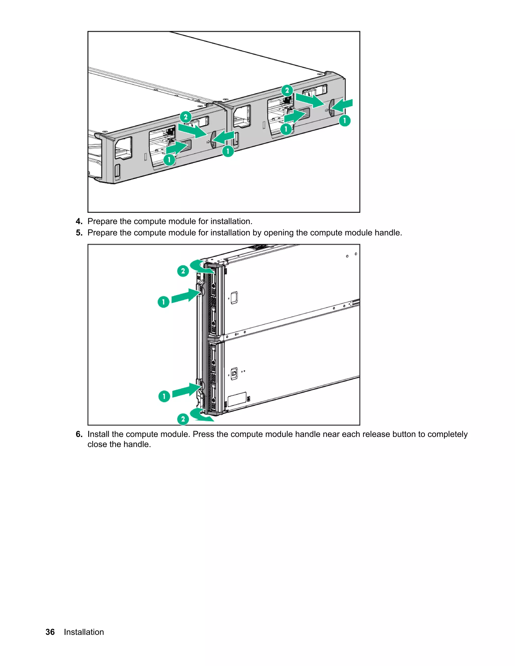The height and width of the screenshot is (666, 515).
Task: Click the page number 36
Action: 50,632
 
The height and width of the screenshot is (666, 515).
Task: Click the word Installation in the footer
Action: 84,632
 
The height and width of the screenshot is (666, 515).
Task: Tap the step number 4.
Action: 79,221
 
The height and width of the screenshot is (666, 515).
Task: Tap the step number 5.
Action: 79,233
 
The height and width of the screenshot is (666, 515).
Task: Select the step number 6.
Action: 79,434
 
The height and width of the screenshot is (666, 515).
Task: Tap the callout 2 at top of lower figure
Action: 183,271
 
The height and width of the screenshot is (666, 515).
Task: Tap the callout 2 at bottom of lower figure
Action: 183,419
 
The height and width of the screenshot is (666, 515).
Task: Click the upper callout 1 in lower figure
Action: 163,302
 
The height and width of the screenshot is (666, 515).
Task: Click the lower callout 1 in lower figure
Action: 164,396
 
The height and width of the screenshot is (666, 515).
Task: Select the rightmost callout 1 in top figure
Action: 345,121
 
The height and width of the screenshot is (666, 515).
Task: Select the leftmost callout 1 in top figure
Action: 169,160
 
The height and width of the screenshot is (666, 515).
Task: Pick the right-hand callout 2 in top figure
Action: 287,90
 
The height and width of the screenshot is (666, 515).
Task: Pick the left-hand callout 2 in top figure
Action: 186,117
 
